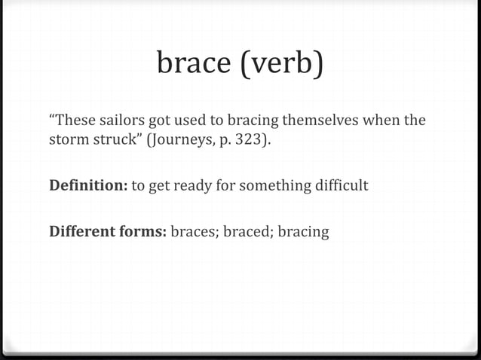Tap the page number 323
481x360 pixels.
coord(250,139)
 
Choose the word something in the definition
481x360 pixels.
coord(271,185)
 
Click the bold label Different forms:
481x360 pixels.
coord(107,230)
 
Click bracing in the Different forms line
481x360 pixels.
coord(303,230)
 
